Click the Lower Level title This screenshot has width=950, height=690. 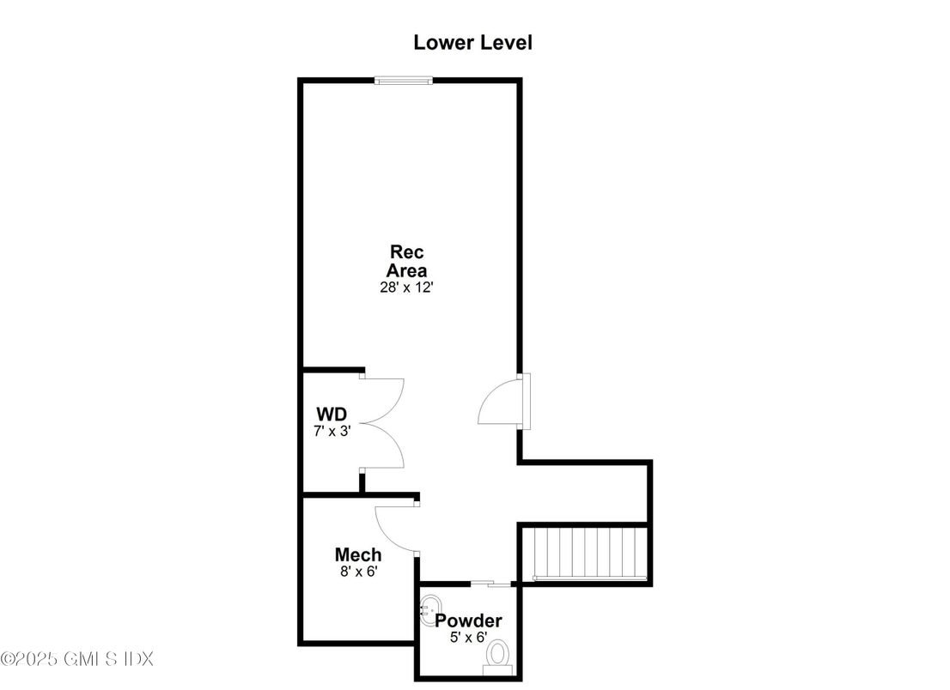[472, 42]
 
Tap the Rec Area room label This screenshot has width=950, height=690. [406, 261]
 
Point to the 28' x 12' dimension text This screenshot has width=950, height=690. [406, 287]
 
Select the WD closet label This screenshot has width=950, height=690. [332, 415]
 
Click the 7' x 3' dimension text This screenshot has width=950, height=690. [332, 431]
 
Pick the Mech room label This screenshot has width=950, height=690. [358, 554]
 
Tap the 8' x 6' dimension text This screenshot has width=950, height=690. [359, 571]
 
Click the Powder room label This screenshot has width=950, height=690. [468, 620]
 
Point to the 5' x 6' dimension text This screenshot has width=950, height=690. [468, 637]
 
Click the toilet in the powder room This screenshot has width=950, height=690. [498, 658]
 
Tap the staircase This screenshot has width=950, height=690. [585, 554]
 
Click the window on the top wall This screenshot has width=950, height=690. [404, 80]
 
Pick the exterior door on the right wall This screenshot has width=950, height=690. [505, 401]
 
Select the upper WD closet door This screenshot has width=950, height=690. [382, 399]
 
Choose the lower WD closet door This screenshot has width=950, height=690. [382, 445]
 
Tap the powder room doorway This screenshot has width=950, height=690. [491, 584]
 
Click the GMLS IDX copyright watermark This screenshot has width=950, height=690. [77, 658]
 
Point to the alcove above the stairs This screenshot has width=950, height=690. [585, 493]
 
